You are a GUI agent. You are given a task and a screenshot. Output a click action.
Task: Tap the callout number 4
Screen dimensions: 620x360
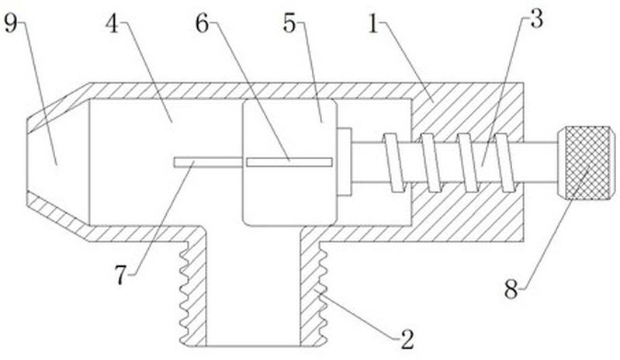113,24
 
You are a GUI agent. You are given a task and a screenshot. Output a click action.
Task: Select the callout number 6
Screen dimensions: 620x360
202,24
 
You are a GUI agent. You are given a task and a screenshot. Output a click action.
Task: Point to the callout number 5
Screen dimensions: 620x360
289,24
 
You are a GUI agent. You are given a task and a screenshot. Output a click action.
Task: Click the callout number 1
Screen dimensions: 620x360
374,24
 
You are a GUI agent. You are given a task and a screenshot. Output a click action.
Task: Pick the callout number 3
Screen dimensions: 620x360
536,19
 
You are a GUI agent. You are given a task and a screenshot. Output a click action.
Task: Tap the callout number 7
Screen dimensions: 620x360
120,275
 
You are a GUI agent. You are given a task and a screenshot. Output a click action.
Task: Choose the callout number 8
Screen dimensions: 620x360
511,289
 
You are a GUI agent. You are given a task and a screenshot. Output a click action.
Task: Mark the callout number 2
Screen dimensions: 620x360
407,340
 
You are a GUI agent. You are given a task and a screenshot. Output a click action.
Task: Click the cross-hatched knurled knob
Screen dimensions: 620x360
587,163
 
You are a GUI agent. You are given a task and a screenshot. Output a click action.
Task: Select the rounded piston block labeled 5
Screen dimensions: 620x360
290,162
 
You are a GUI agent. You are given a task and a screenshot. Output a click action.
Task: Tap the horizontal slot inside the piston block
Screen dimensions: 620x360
289,162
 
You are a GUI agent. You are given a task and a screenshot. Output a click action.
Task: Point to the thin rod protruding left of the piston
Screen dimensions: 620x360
208,162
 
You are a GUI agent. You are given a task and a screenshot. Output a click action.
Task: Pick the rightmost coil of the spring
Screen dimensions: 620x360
506,163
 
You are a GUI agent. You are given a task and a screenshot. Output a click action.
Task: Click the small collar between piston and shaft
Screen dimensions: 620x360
345,161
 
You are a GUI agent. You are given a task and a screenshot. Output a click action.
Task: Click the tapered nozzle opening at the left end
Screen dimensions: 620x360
58,162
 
